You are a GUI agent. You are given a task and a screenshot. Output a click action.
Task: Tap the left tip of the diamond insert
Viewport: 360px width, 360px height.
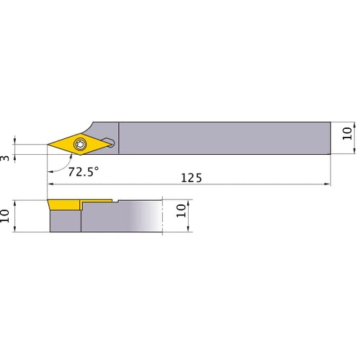tap(49, 145)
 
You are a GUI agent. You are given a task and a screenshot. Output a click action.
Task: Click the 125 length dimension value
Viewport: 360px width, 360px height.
tap(190, 177)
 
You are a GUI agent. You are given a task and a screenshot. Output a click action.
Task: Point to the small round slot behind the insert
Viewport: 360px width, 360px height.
tap(108, 139)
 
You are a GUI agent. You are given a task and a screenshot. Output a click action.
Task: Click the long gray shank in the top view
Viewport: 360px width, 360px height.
tap(223, 137)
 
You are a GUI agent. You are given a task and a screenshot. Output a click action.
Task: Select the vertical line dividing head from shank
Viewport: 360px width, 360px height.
tap(119, 137)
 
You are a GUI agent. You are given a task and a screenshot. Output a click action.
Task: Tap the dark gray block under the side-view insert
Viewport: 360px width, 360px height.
tap(65, 222)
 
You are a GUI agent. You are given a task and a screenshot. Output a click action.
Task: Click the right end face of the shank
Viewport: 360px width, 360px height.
tap(330, 137)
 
